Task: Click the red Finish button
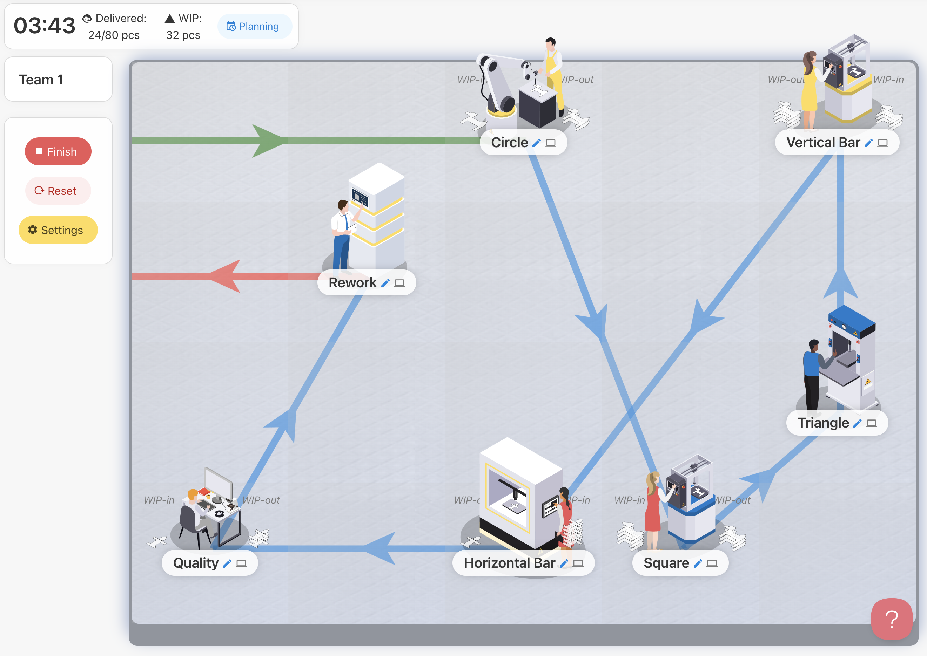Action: (58, 151)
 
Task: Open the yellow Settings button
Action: (58, 230)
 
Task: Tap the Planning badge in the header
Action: (254, 26)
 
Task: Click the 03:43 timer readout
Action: (45, 26)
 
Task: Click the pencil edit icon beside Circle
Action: (536, 143)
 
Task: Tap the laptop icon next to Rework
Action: (399, 283)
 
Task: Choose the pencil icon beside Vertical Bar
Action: (868, 143)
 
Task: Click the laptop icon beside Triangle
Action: (871, 423)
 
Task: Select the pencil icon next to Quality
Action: (227, 563)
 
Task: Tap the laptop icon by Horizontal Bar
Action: (578, 563)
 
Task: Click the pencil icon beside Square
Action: (697, 563)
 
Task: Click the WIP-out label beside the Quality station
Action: (261, 500)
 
